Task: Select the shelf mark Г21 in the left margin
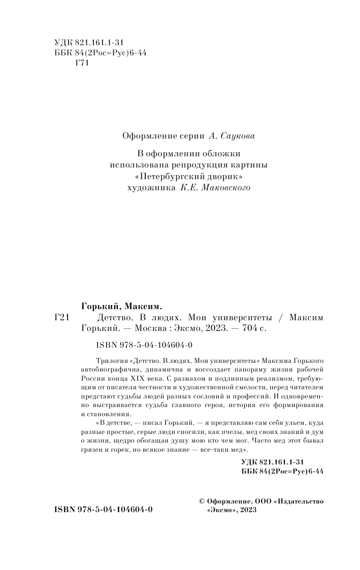pyautogui.click(x=61, y=317)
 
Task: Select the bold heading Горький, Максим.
pyautogui.click(x=121, y=306)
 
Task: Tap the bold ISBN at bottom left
pyautogui.click(x=103, y=510)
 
